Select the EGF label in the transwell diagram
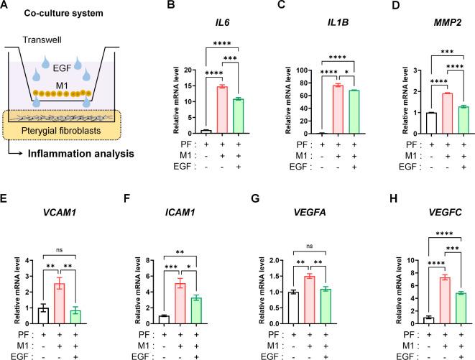click(67, 65)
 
